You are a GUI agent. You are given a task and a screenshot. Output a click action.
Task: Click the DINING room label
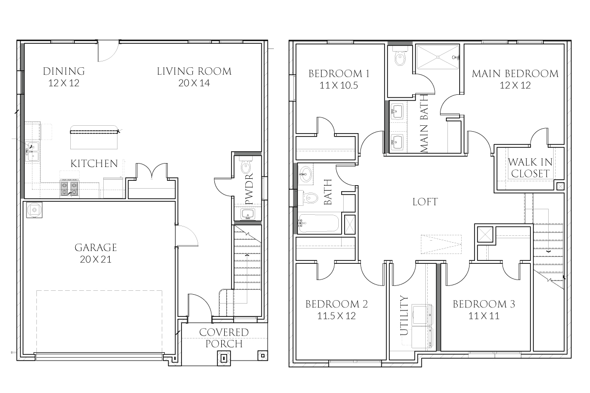(63, 77)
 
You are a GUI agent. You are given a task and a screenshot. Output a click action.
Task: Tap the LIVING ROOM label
(194, 77)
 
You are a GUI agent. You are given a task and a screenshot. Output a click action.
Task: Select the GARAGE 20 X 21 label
(96, 253)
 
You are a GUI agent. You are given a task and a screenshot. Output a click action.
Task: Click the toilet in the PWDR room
(246, 168)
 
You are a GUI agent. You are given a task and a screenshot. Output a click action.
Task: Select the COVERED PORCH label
(224, 338)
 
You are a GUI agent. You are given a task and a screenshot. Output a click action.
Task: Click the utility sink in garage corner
(34, 210)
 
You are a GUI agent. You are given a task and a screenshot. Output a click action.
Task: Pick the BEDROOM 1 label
(339, 79)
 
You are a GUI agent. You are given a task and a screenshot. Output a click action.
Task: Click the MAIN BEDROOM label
(515, 79)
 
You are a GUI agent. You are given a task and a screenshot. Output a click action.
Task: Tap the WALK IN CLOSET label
(529, 168)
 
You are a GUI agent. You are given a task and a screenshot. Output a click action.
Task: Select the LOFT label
(425, 202)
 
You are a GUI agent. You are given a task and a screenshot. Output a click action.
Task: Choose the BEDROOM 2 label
(336, 309)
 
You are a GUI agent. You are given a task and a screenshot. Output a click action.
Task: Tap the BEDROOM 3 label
(483, 309)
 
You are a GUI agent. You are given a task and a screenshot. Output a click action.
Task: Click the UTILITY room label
(404, 315)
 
